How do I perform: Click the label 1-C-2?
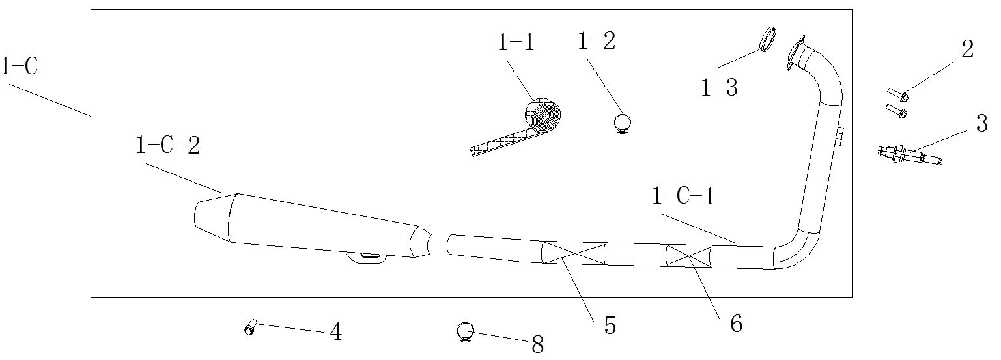point(167,146)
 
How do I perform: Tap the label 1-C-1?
point(684,196)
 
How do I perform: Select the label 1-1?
point(516,42)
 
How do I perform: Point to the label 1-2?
point(597,40)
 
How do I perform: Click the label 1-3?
point(719,87)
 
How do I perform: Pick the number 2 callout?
point(967,49)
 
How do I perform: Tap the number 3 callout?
point(981,123)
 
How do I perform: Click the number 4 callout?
point(336,332)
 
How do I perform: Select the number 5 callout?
point(610,325)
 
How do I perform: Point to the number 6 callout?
point(737,324)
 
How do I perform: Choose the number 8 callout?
point(537,344)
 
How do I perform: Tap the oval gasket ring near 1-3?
point(768,39)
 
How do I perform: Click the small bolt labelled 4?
point(250,327)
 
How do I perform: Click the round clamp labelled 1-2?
point(622,122)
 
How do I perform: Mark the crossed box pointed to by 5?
point(573,253)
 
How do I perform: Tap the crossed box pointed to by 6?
point(688,257)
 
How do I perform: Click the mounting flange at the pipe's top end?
point(795,53)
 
